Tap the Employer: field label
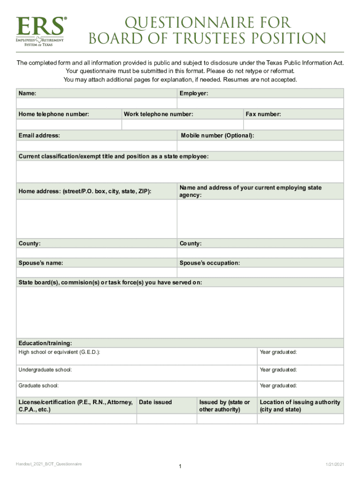click(194, 94)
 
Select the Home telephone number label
click(54, 114)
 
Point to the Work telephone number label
click(158, 114)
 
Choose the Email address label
click(39, 136)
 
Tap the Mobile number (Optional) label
click(217, 136)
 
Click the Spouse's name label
click(41, 263)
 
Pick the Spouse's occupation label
click(210, 263)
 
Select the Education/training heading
click(45, 343)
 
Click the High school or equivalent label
click(59, 352)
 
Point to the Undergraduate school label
click(45, 370)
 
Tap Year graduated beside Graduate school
click(278, 386)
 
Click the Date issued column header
click(156, 402)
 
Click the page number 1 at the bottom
click(180, 466)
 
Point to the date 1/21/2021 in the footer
click(335, 464)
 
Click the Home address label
click(85, 191)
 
